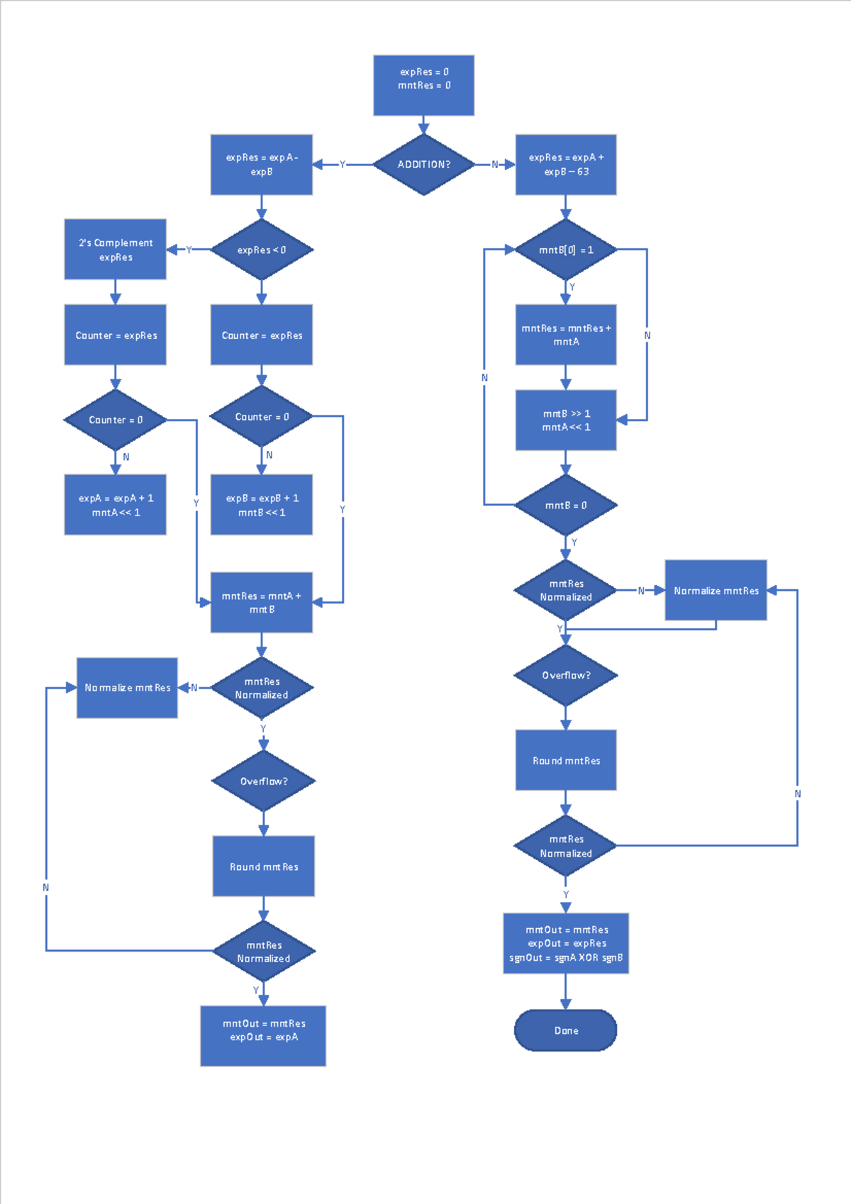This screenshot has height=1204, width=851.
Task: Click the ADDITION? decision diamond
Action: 423,165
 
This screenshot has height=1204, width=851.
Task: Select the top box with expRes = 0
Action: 423,85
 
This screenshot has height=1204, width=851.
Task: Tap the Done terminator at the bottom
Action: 565,1030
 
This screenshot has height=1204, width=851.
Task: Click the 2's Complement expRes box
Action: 115,250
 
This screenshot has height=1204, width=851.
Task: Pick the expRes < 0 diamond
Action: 262,250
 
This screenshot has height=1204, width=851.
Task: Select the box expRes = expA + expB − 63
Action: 565,165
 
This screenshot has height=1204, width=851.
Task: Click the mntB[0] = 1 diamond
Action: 565,250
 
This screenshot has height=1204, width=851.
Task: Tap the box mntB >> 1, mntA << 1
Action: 565,420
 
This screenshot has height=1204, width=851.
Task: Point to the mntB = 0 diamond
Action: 565,505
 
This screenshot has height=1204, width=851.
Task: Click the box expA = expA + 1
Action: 115,505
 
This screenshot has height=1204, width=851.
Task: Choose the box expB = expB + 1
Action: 262,505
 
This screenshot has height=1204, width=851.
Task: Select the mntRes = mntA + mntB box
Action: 262,603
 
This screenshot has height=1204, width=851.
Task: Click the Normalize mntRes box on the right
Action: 716,590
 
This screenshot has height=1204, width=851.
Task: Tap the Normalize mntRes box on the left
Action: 127,688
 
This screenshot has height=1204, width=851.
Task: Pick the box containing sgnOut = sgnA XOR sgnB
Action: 565,943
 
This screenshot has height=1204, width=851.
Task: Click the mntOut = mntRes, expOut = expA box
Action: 263,1035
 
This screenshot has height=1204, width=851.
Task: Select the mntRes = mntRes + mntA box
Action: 565,335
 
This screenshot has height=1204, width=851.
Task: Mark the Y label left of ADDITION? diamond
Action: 343,165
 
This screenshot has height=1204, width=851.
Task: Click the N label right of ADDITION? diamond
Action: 495,165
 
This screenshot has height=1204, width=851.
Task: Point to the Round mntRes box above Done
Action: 565,760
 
